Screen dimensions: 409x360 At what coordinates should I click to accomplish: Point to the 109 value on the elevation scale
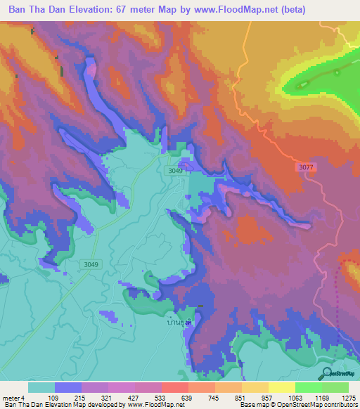point(54,397)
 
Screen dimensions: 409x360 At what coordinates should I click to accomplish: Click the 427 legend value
point(134,397)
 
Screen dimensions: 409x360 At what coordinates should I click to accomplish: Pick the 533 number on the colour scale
point(161,397)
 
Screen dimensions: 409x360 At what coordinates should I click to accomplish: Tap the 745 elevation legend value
point(214,397)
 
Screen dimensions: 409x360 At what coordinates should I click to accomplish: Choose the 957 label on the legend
point(268,397)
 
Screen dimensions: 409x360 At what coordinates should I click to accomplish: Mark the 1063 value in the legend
point(295,397)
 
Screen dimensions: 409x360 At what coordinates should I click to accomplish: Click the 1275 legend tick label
point(348,397)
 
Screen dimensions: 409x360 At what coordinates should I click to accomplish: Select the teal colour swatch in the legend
point(41,387)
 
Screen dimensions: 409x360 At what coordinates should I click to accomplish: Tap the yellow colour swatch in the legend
point(281,387)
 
